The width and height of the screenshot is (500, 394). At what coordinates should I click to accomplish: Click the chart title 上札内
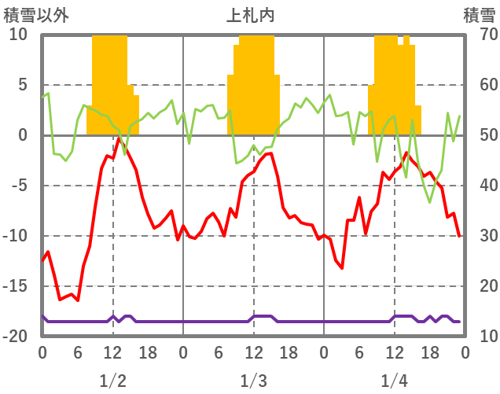(x=251, y=14)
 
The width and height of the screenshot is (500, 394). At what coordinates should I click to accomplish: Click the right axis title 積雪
(x=478, y=14)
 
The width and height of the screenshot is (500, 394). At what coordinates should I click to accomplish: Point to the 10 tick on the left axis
(x=18, y=35)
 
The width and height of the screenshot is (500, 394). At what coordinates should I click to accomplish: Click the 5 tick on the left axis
(x=22, y=85)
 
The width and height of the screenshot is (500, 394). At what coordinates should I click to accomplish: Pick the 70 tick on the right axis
(x=480, y=35)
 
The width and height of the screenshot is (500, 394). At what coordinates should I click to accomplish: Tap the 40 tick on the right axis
(x=480, y=186)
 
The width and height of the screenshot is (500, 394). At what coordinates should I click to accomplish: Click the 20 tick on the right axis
(x=480, y=286)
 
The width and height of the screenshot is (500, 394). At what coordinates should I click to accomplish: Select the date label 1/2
(x=112, y=381)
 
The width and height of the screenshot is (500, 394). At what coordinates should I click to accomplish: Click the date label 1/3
(x=253, y=381)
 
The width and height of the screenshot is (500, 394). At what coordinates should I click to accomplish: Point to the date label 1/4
(x=394, y=381)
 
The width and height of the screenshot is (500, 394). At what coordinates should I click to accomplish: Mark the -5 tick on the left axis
(x=18, y=186)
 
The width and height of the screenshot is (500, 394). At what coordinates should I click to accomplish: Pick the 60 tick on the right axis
(x=480, y=85)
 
